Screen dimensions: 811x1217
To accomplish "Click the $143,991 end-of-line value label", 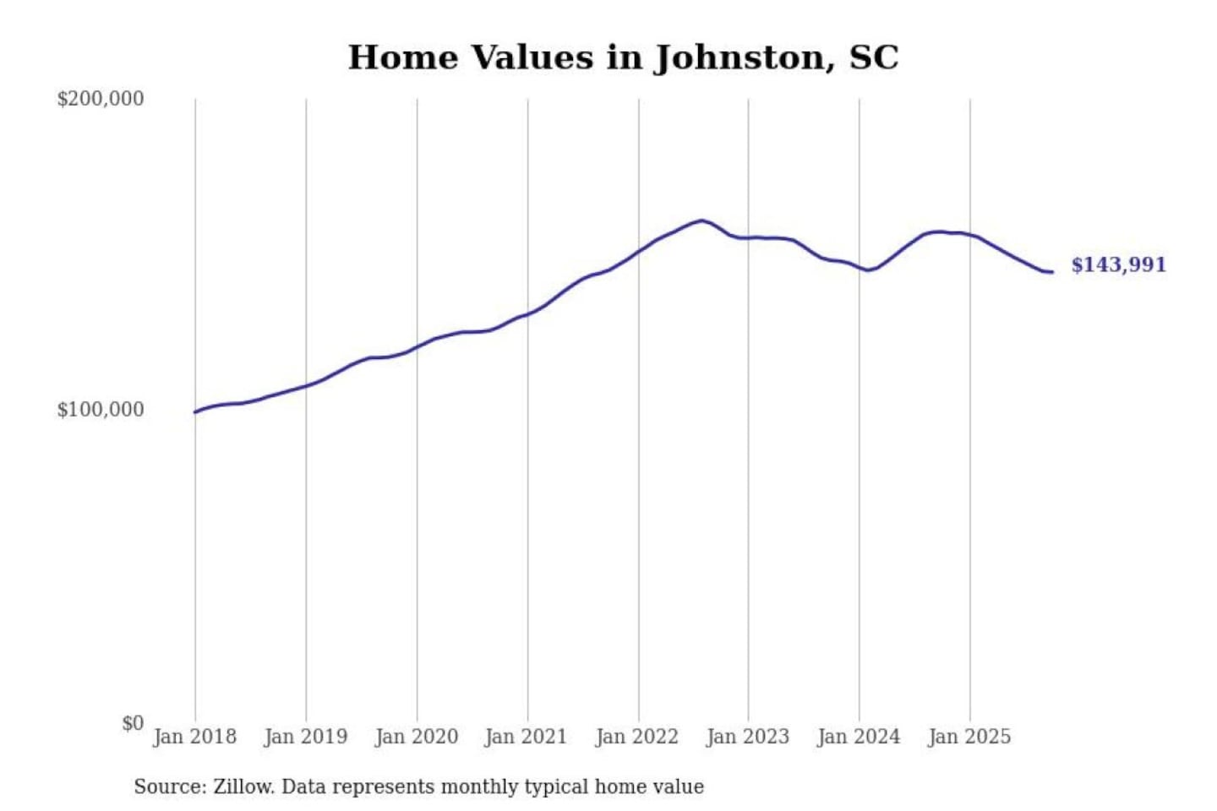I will [1118, 265].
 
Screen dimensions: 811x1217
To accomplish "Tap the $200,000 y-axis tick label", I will [101, 99].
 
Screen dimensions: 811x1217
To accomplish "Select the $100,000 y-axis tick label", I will [101, 410].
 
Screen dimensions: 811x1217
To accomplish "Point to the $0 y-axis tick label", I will [133, 723].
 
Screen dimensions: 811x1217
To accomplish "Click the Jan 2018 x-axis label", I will [194, 737].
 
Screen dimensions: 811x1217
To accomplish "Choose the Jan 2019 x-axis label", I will [305, 737].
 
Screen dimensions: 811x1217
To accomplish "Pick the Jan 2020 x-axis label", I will [416, 737].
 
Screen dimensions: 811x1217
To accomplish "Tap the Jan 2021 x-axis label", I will [526, 737].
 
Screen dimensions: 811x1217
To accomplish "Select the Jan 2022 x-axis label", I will [636, 737].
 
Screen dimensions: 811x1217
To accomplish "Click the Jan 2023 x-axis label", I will [747, 737].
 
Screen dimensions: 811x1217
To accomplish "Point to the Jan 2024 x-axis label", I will [858, 737].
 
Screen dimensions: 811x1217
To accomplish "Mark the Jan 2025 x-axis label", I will [969, 737].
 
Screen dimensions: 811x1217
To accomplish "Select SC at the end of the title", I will [873, 57].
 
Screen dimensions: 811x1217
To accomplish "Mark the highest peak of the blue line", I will [701, 220].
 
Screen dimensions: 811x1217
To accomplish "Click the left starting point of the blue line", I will [195, 412].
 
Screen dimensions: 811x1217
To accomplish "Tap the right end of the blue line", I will [1051, 272].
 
